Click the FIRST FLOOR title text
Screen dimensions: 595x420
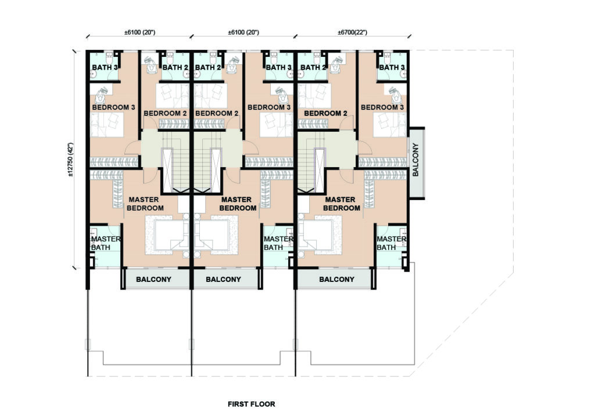[x=251, y=404]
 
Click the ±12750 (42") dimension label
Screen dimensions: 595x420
[x=70, y=160]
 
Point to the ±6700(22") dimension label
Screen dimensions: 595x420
[x=353, y=32]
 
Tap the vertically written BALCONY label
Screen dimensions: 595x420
[x=415, y=160]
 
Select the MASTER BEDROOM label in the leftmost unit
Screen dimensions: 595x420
[x=145, y=204]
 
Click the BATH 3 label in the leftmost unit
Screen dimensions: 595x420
[x=105, y=67]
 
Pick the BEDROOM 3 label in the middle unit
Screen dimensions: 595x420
[x=269, y=107]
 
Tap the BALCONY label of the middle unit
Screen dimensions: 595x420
[x=223, y=280]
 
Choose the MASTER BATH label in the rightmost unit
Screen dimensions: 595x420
[x=391, y=243]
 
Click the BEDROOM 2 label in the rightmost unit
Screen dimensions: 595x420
[x=325, y=113]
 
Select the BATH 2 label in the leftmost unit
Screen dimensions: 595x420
[x=175, y=67]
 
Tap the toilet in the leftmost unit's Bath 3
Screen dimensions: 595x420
[x=108, y=59]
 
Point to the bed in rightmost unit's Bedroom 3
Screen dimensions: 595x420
[x=389, y=125]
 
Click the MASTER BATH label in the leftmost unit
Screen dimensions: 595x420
[x=106, y=243]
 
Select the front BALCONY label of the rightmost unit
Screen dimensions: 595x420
[x=336, y=280]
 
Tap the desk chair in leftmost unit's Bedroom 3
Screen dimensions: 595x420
[x=101, y=96]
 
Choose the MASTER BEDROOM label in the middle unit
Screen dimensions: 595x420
[x=238, y=204]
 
